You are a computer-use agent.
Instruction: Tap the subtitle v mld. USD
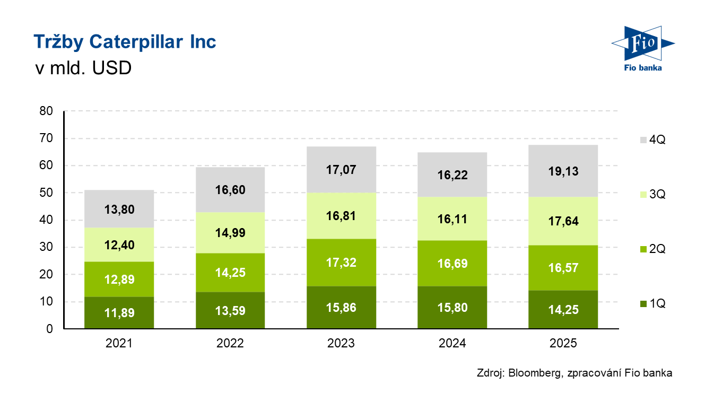pos(82,68)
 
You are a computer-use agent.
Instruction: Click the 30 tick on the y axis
pos(46,248)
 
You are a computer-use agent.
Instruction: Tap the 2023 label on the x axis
pos(341,344)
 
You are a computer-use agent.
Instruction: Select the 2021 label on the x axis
pos(119,344)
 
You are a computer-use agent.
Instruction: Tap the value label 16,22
pos(452,175)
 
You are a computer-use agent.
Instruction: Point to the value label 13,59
pos(230,311)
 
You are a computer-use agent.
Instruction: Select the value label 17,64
pos(563,221)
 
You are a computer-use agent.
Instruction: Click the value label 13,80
pos(119,209)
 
